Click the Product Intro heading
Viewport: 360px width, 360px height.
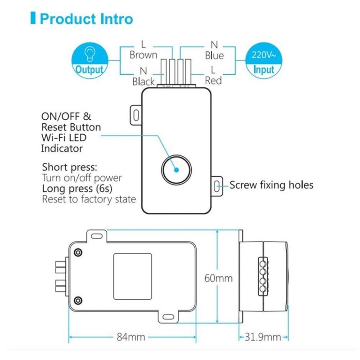[x=86, y=19]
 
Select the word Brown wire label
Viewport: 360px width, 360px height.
[x=144, y=55]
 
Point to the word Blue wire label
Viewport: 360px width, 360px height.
[x=214, y=55]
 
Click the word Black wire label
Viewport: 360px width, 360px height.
[x=144, y=81]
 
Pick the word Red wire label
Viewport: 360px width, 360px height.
[x=213, y=81]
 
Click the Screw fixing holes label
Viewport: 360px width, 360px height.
[x=271, y=185]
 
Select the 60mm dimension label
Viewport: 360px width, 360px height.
[x=219, y=278]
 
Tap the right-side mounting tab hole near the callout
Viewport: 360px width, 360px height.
[x=217, y=185]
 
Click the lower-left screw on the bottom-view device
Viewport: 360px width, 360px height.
[x=79, y=300]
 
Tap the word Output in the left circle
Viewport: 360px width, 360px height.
[x=89, y=70]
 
